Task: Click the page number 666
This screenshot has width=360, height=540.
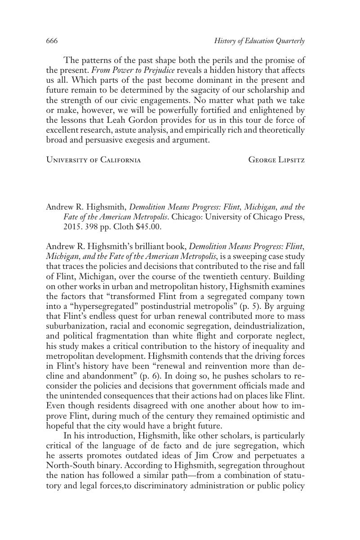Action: coord(52,41)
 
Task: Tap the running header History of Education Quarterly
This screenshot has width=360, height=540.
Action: coord(259,41)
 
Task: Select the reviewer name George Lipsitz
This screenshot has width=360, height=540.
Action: coord(276,160)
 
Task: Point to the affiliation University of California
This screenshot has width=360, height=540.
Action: coord(93,160)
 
